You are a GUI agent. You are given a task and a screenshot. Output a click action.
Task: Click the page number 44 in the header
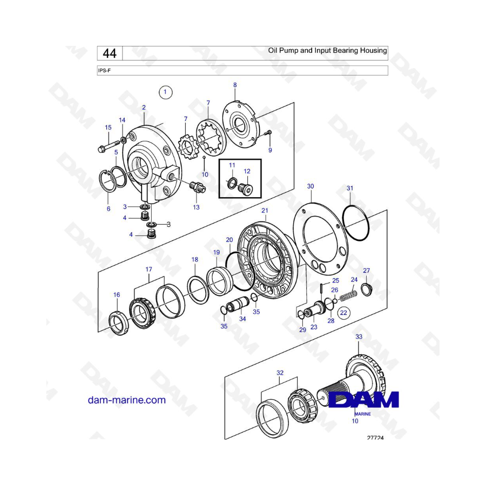pos(109,53)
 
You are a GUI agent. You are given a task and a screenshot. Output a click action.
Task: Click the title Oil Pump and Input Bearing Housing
pos(327,51)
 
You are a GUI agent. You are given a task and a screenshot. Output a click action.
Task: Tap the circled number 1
pos(165,92)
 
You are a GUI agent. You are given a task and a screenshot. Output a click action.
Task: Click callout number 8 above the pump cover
pos(235,85)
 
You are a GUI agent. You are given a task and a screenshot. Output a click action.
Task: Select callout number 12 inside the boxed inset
pos(247,171)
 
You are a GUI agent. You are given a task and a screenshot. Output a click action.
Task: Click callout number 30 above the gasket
pos(310,186)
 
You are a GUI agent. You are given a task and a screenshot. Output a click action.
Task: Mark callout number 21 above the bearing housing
pos(265,210)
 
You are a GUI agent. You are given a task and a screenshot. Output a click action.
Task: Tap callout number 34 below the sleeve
pos(242,319)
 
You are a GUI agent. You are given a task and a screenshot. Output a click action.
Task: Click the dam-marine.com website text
pos(126,400)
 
